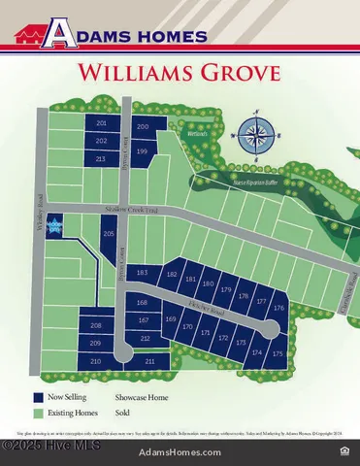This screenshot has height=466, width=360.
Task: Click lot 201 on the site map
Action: pyautogui.click(x=102, y=124)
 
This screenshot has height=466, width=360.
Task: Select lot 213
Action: pyautogui.click(x=102, y=157)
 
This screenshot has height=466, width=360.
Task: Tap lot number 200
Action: pyautogui.click(x=143, y=127)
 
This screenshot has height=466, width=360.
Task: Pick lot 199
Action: pyautogui.click(x=143, y=151)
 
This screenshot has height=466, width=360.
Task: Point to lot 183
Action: pyautogui.click(x=143, y=274)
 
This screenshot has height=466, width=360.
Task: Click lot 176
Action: pyautogui.click(x=279, y=308)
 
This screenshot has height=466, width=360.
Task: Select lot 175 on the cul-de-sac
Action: pyautogui.click(x=278, y=354)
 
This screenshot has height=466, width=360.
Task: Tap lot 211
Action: pyautogui.click(x=150, y=361)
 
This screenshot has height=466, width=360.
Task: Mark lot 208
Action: pyautogui.click(x=95, y=325)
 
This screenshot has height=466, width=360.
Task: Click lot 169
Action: pyautogui.click(x=171, y=319)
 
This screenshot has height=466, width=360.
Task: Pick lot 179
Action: pyautogui.click(x=226, y=289)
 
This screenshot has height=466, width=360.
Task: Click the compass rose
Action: pyautogui.click(x=257, y=133)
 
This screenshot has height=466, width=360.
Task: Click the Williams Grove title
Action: pyautogui.click(x=180, y=72)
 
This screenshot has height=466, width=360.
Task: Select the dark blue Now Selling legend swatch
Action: pyautogui.click(x=38, y=397)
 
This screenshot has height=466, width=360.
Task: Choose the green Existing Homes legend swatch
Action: pyautogui.click(x=38, y=413)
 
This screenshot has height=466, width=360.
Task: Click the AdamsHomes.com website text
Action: pyautogui.click(x=180, y=452)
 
